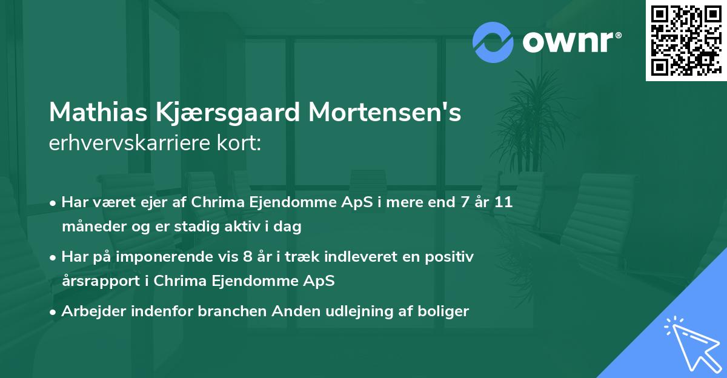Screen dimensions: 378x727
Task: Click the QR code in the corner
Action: click(686, 40)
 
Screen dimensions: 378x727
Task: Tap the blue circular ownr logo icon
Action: click(493, 42)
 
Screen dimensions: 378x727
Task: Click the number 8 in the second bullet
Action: click(247, 257)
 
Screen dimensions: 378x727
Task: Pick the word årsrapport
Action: click(91, 281)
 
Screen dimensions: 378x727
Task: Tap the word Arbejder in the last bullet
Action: click(88, 311)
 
